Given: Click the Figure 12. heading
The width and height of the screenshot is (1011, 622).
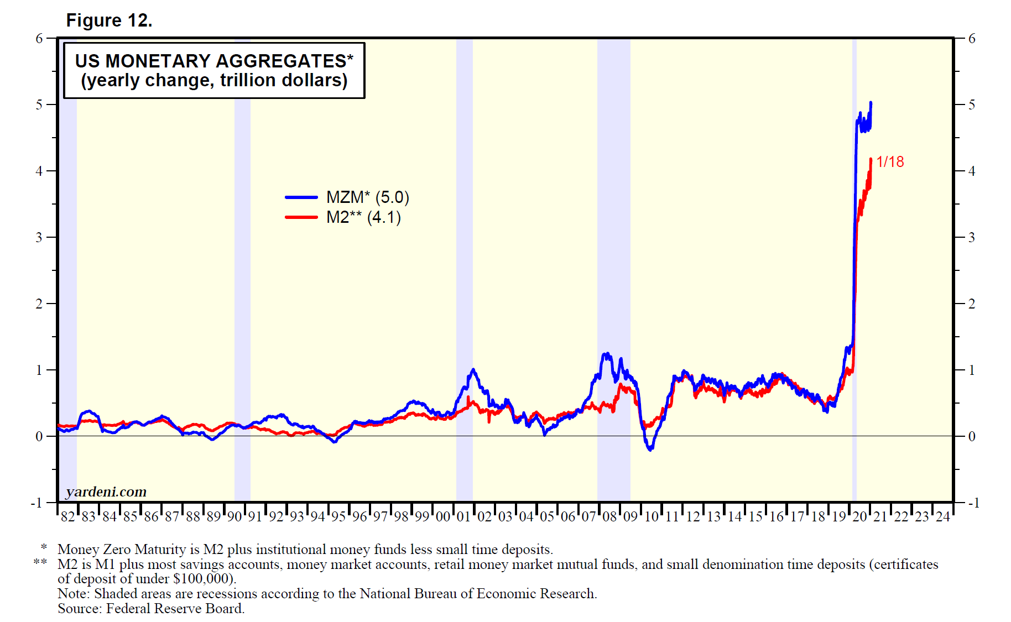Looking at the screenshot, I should coord(109,20).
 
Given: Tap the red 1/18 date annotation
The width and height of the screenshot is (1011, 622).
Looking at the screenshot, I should coord(890,161).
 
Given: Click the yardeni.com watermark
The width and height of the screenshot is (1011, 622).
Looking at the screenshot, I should coord(106,492).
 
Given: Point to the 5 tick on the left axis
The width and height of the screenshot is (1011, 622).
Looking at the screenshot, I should coord(39,104).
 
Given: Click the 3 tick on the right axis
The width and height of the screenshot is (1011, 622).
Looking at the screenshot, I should coord(972,237).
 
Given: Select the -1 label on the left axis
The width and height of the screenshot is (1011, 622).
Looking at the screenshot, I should coord(36,503).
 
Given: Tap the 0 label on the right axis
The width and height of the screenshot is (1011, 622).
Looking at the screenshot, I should coord(972,436).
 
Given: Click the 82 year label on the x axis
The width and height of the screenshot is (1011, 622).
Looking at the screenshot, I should coord(67,517).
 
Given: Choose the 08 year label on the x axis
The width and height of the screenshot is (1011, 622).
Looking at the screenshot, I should coord(609,517).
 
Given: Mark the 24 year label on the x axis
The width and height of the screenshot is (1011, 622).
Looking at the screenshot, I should coord(942,517).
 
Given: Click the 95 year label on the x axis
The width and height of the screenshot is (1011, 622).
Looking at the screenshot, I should coord(338,517).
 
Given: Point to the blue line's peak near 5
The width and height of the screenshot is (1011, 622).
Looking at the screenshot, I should coord(871,103).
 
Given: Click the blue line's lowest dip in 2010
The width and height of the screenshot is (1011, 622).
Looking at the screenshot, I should coord(650,449).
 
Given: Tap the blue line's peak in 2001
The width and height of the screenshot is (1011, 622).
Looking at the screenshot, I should coord(473,369).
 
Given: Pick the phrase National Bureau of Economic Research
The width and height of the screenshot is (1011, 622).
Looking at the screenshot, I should coord(477,594).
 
